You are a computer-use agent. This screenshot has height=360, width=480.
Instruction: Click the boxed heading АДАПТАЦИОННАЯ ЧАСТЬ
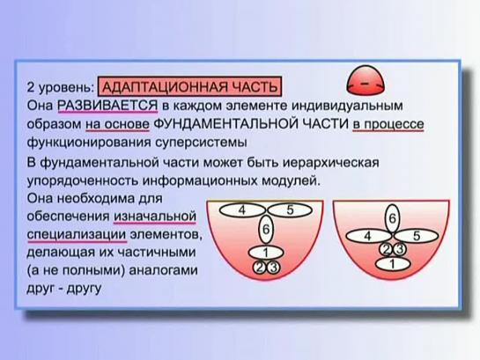coord(188,86)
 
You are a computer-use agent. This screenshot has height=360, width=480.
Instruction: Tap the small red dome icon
coord(366,80)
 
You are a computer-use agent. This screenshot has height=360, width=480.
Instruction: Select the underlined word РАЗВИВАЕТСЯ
coord(107,107)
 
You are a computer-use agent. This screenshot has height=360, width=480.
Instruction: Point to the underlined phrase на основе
coord(117,124)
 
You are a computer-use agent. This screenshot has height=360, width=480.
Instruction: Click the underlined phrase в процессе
coord(388,124)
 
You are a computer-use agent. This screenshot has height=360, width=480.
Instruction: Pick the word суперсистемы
coord(200,143)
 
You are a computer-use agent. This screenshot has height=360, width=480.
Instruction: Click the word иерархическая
coord(330,163)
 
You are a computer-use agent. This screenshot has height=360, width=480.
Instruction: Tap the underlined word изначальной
coord(155,217)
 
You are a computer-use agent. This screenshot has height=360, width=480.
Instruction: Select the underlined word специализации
coord(77,235)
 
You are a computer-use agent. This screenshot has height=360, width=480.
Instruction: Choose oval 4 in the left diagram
coord(242,210)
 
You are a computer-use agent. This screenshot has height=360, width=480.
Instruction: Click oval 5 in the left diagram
coord(290,210)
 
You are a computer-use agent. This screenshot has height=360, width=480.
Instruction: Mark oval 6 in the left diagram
coord(266,230)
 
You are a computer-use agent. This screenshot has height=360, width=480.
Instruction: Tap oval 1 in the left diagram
coord(266,253)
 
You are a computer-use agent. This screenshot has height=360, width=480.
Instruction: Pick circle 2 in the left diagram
coord(258,268)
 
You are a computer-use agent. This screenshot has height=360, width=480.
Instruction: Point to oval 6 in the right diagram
coord(392,219)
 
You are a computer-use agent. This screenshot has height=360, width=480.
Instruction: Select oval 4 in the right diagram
coord(368,236)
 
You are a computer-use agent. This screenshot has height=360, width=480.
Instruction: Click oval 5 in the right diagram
coord(417,236)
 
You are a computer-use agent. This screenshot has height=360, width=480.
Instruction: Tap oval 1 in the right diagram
coord(393,264)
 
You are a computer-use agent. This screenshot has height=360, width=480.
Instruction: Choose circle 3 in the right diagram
coord(400,250)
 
